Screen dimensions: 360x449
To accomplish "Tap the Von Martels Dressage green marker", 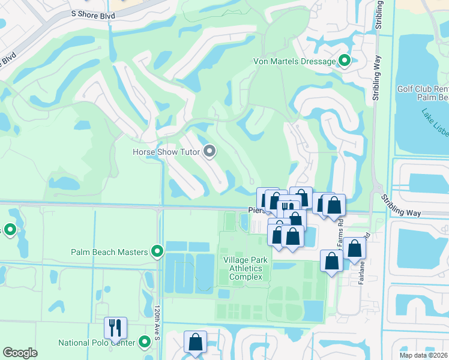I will [x=345, y=61].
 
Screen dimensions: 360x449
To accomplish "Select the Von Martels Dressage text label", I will [x=302, y=61].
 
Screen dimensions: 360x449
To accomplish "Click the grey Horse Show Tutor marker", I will [x=209, y=152].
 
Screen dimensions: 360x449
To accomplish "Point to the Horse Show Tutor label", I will [x=166, y=152].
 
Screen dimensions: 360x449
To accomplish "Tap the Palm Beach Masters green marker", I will [x=157, y=252].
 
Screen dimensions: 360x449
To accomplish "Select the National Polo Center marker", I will [x=145, y=343].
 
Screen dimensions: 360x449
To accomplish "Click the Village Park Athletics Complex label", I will [x=243, y=268].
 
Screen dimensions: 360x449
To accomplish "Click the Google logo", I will [x=20, y=353].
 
